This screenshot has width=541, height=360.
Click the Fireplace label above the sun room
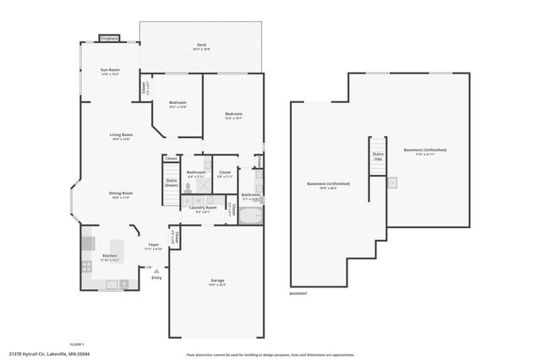tap(109, 38)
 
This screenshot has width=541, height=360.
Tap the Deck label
tap(201, 46)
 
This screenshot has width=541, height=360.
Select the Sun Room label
tap(110, 71)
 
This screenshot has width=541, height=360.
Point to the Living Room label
tap(121, 136)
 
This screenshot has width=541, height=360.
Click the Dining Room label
tap(121, 194)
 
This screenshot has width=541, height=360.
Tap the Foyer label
tap(153, 247)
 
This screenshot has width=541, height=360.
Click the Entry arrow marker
tap(156, 271)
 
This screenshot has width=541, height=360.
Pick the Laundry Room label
tap(206, 209)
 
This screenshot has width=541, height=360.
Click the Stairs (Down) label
tap(171, 182)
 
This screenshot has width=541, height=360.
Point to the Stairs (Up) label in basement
tap(378, 156)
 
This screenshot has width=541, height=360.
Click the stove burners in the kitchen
tap(87, 265)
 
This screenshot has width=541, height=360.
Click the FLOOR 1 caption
tap(77, 345)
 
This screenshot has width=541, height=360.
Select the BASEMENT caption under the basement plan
tap(298, 294)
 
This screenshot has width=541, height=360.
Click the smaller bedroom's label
tap(178, 105)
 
